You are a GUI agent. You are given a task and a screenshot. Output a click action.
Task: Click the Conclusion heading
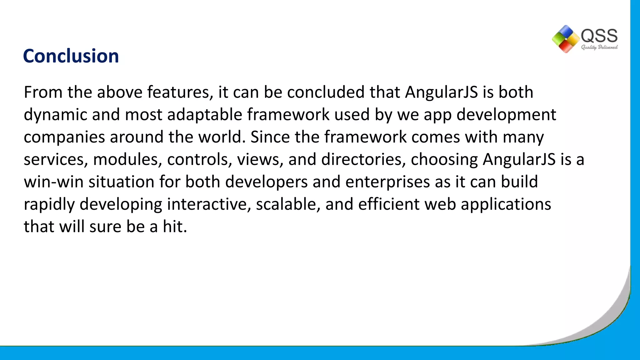coord(71,56)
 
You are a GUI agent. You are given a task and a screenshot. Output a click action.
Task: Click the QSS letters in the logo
coord(599,36)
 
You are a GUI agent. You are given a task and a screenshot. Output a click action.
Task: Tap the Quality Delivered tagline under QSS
coord(599,47)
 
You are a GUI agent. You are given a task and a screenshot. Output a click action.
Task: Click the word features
coord(180,92)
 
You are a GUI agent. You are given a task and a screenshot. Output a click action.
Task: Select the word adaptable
coord(205,115)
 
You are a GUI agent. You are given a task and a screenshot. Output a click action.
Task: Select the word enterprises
coord(387,182)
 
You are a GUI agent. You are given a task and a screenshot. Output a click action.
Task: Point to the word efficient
coord(389,205)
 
